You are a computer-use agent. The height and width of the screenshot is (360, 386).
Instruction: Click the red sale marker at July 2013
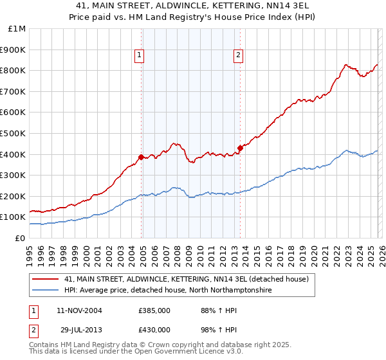[239, 148]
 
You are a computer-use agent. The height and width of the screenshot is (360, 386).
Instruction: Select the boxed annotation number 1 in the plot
[139, 56]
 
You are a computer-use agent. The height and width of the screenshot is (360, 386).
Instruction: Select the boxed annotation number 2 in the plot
[237, 56]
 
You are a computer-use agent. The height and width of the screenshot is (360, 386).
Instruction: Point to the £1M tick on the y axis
[17, 29]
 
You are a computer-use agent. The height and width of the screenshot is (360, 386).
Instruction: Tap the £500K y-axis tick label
[13, 134]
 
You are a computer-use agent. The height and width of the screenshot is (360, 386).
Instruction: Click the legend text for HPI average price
[168, 291]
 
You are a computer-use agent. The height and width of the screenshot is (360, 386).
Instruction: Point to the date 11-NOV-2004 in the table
[78, 310]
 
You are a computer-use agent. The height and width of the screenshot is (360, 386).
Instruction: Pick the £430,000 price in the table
[154, 329]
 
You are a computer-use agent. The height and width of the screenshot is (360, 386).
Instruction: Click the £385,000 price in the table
[154, 310]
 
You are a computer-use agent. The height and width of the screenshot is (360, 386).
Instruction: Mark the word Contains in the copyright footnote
[43, 345]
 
